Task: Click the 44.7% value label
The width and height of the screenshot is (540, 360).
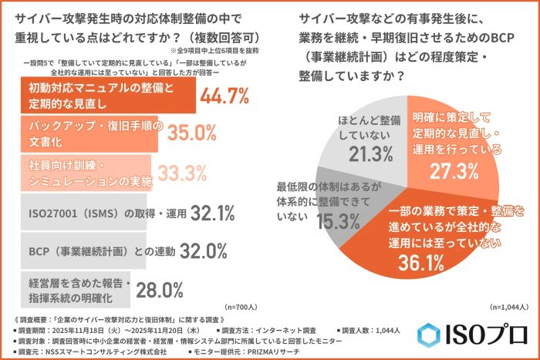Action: point(224,96)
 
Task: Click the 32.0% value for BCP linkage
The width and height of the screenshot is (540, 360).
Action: point(203,251)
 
